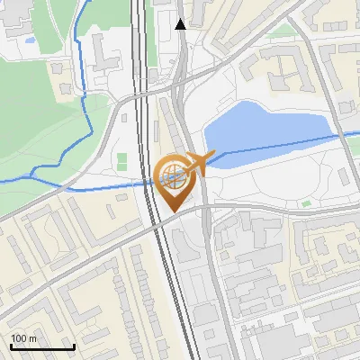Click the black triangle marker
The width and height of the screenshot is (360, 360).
coord(181,24)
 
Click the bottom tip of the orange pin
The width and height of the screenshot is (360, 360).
coord(173,211)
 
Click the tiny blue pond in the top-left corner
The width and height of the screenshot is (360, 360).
coord(30,40)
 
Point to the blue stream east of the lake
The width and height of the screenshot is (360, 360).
coord(342,135)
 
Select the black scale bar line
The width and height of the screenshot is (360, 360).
coord(42,346)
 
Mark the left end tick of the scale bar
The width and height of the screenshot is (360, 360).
coord(11,345)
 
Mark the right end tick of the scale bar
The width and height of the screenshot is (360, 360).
coord(74,345)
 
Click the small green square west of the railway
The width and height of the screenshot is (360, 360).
coord(122,160)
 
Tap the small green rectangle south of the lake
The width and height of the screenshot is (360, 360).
coord(305,204)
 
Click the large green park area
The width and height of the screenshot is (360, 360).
coord(36,135)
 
